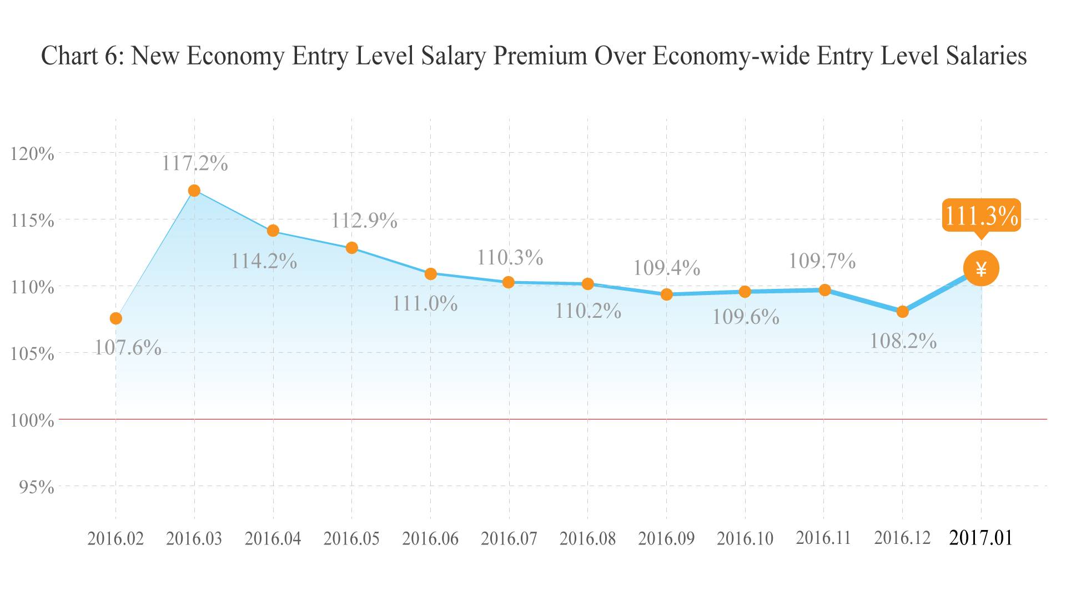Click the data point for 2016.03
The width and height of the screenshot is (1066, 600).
coord(194,191)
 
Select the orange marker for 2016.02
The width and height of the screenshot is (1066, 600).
coord(115,318)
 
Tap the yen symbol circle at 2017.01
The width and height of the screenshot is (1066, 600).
coord(981,269)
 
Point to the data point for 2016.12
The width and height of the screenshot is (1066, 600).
coord(902,312)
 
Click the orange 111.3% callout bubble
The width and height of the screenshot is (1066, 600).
coord(981,216)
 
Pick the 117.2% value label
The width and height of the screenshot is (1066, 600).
coord(194,163)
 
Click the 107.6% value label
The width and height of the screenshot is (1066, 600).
coord(128,348)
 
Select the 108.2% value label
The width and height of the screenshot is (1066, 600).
coord(903,341)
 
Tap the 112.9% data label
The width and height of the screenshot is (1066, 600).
coord(364,221)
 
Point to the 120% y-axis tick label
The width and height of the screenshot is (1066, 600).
coord(32,153)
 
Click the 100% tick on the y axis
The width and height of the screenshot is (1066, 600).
coord(32,420)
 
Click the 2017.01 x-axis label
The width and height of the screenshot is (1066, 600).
coord(981,538)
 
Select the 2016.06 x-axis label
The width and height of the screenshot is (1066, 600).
coord(430,538)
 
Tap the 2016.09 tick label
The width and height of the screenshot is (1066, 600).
coord(666,538)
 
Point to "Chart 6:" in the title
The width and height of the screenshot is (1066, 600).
coord(82,56)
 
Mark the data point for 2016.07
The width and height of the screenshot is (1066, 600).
coord(508,282)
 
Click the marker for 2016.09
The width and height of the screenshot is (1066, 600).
coord(666,294)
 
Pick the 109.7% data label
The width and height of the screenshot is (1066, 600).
coord(822,261)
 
